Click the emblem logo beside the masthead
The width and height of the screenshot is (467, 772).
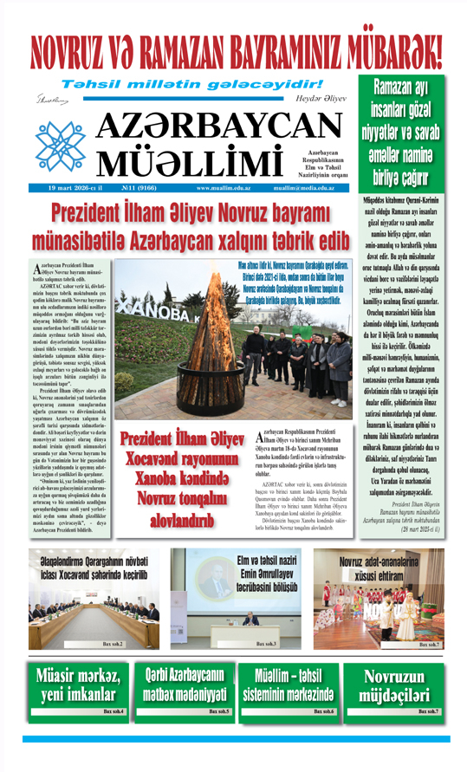[x=60, y=140]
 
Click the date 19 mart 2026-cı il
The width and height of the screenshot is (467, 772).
[x=65, y=187]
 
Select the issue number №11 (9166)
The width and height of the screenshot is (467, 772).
[x=139, y=187]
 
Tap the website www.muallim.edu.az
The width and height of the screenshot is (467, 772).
[x=224, y=187]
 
